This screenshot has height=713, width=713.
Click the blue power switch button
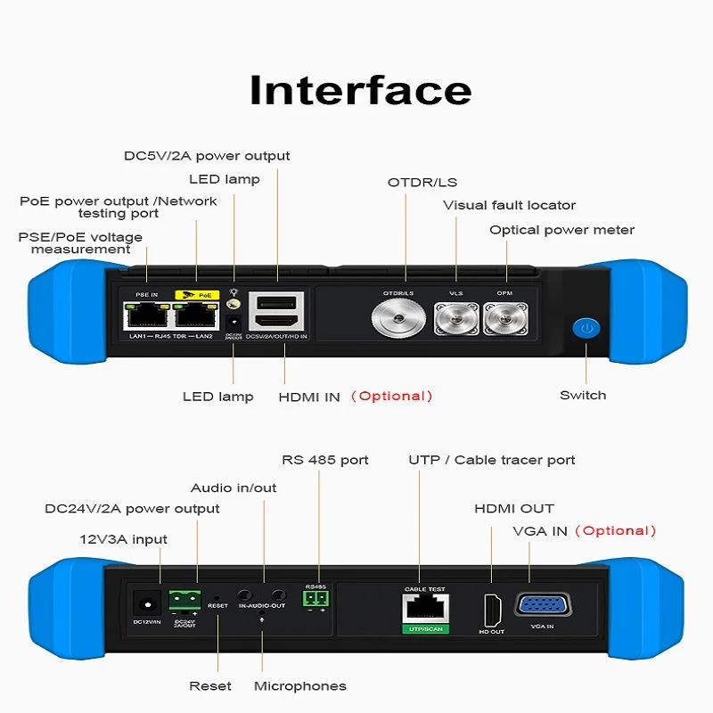click(x=585, y=329)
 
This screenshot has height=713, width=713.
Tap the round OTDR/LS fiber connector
click(x=397, y=316)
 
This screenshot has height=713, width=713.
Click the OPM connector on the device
click(x=504, y=318)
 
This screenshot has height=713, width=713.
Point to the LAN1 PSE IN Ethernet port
click(x=146, y=315)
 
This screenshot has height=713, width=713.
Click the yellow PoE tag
click(x=196, y=293)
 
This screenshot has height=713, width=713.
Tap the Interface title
click(x=360, y=91)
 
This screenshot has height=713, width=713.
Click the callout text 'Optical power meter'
click(x=561, y=230)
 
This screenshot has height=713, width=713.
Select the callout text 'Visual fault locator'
click(x=510, y=206)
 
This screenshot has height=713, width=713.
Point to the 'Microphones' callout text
click(x=299, y=686)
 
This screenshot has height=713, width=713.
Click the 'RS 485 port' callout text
click(x=324, y=461)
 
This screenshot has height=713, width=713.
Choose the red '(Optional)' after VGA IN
click(x=615, y=531)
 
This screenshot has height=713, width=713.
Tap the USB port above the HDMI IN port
click(x=278, y=303)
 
